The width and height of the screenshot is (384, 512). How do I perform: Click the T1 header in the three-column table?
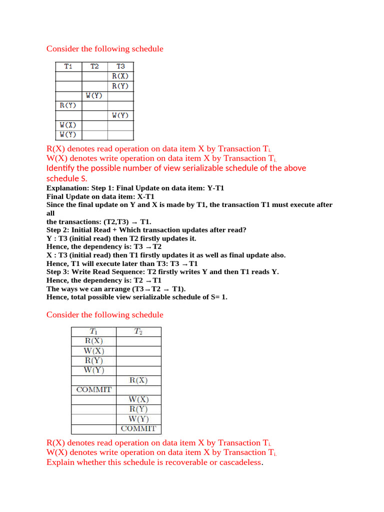pyautogui.click(x=68, y=66)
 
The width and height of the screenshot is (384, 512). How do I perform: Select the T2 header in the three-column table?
pyautogui.click(x=94, y=66)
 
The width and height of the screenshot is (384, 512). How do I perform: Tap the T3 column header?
pyautogui.click(x=120, y=66)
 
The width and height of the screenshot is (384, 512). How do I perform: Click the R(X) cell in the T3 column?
pyautogui.click(x=120, y=76)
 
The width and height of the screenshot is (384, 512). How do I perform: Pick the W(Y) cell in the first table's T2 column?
pyautogui.click(x=94, y=95)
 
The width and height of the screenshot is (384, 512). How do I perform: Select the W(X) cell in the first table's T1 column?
pyautogui.click(x=68, y=125)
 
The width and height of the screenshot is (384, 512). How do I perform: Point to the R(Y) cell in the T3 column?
pyautogui.click(x=120, y=86)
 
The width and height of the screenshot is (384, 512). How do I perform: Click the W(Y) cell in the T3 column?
pyautogui.click(x=120, y=115)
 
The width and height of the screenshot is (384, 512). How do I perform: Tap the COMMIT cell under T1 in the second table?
pyautogui.click(x=93, y=390)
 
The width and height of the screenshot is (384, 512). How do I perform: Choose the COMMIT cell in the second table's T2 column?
pyautogui.click(x=138, y=429)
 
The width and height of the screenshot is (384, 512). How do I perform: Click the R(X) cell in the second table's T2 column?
pyautogui.click(x=138, y=380)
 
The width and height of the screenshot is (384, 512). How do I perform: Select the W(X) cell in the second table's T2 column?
pyautogui.click(x=138, y=400)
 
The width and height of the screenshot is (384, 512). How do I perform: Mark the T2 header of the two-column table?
pyautogui.click(x=138, y=331)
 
